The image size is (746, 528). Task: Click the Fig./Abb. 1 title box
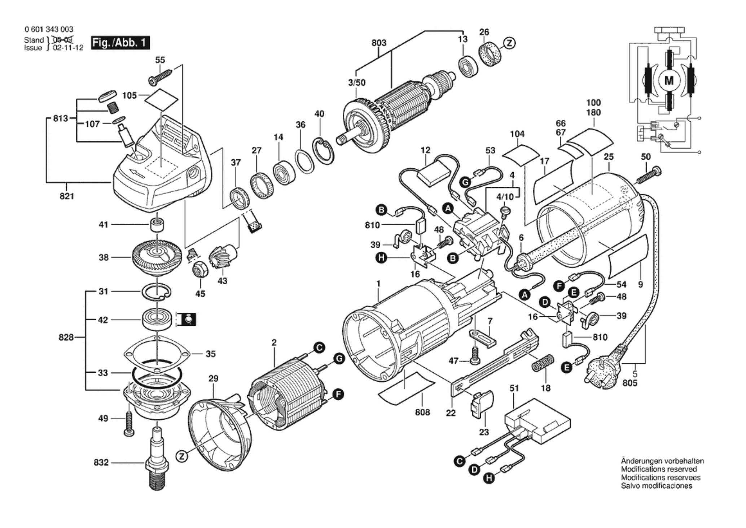120,43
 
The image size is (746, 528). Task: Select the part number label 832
101,463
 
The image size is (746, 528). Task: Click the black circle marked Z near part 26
509,44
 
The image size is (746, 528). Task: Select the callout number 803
379,43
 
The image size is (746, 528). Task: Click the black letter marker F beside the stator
338,394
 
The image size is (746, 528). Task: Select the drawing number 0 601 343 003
49,29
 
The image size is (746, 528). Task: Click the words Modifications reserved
659,469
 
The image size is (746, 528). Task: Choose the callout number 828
66,337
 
